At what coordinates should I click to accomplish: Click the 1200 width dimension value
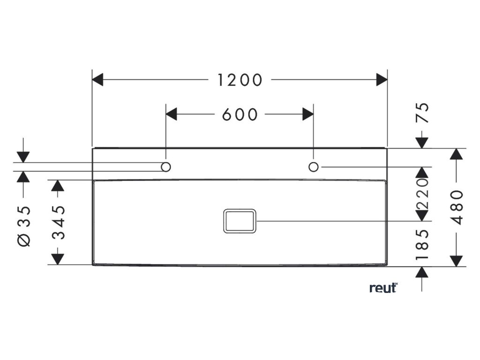click(240, 80)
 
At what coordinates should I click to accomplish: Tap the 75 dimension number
click(423, 112)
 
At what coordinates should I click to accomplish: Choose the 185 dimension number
click(423, 244)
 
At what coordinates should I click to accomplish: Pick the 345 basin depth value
click(58, 222)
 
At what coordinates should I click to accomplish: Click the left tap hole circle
click(166, 167)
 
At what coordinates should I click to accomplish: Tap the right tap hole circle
click(314, 167)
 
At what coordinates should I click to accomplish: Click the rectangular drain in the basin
click(240, 220)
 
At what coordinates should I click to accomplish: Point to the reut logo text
click(382, 288)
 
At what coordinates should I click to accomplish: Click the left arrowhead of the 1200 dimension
click(97, 80)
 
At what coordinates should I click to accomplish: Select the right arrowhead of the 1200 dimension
click(382, 80)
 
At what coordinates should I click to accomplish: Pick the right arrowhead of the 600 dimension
click(308, 114)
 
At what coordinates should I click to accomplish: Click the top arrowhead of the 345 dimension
click(58, 186)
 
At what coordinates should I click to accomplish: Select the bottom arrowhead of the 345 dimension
click(58, 259)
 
